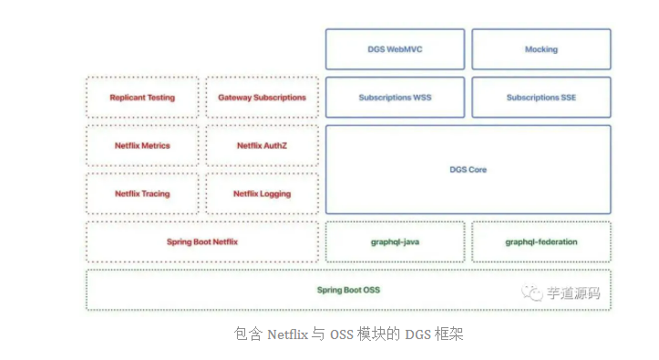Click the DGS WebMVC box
(x=395, y=49)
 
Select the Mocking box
(x=541, y=49)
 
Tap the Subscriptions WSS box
(x=395, y=98)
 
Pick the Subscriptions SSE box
(x=541, y=98)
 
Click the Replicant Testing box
(x=142, y=98)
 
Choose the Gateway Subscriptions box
(x=263, y=98)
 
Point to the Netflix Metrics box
(x=142, y=146)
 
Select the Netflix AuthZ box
(x=263, y=146)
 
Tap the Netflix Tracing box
(x=142, y=194)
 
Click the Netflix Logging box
(x=263, y=194)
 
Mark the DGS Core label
(x=469, y=170)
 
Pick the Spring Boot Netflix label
(x=202, y=242)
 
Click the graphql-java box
(x=395, y=242)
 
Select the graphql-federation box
(x=541, y=242)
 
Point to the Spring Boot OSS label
(x=348, y=290)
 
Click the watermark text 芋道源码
(x=574, y=293)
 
